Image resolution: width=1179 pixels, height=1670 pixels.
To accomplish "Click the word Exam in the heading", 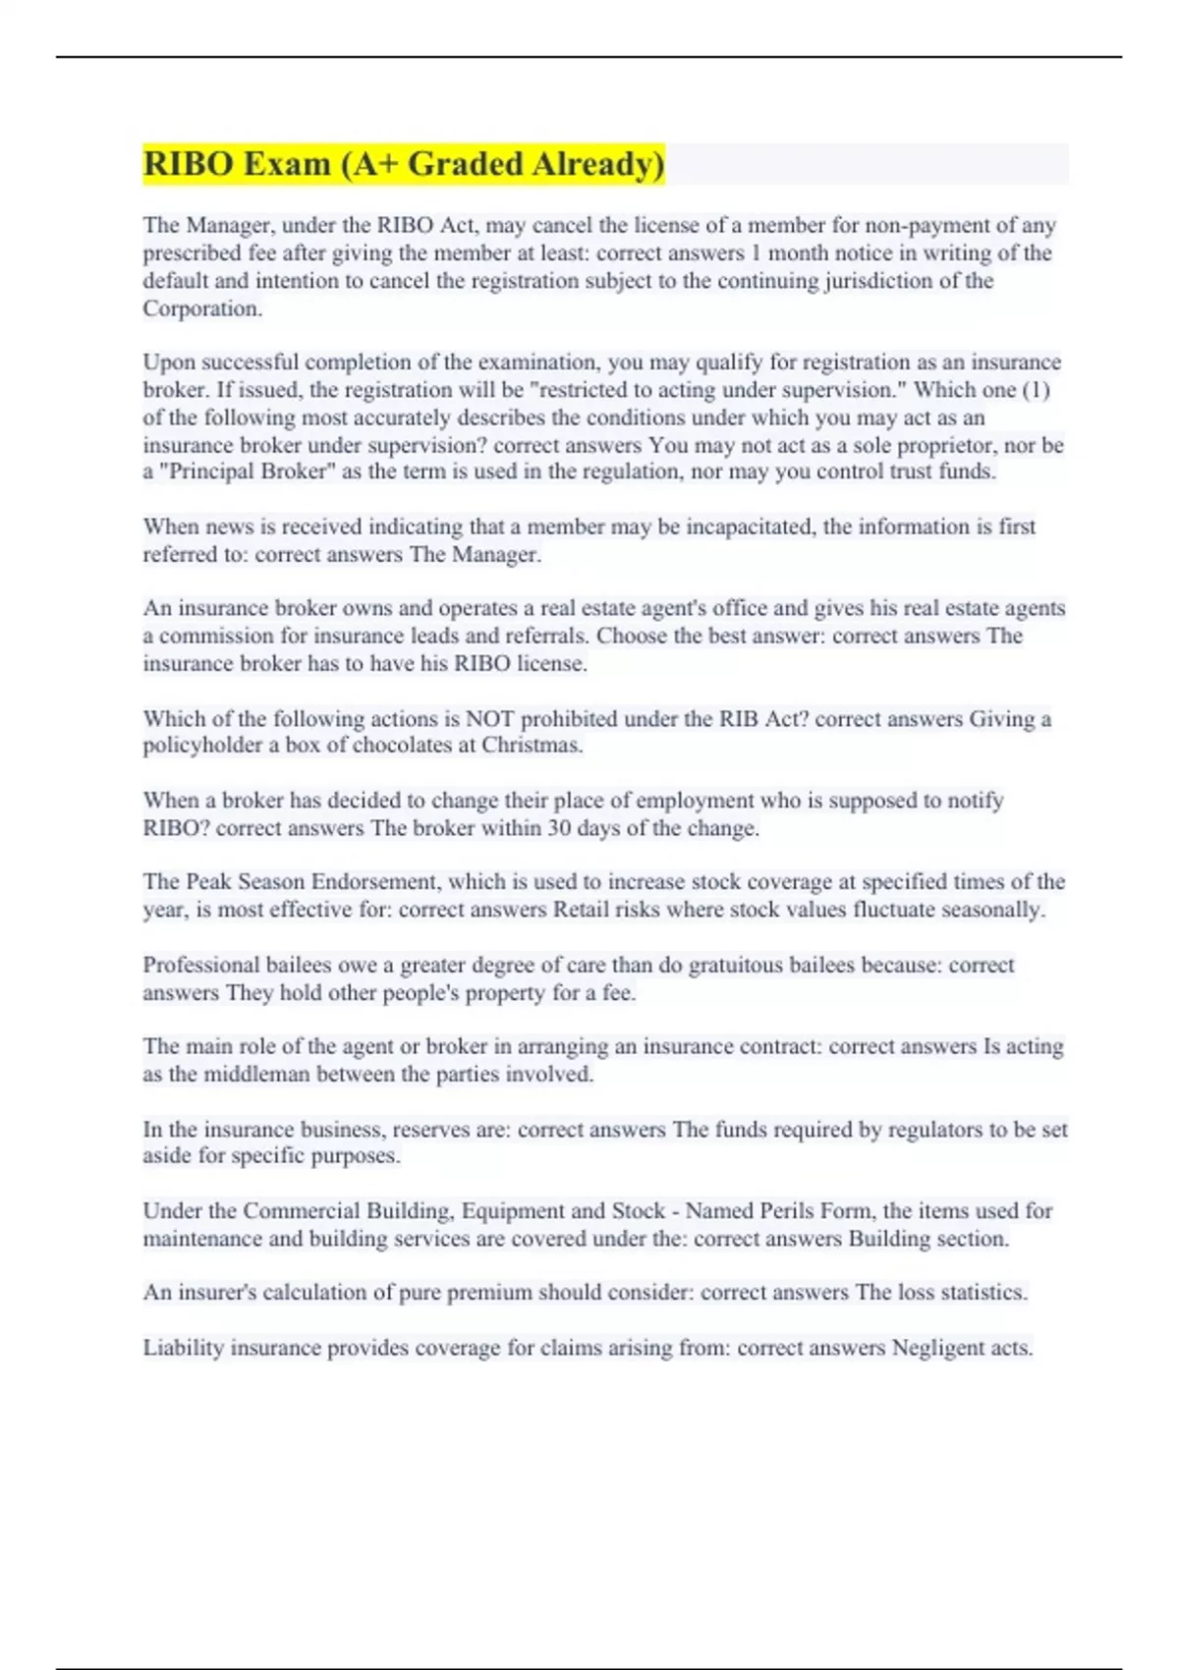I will coord(286,164).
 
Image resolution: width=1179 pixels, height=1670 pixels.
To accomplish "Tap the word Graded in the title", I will coord(465,164).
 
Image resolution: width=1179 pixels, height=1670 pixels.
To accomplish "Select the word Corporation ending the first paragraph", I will coord(201,308).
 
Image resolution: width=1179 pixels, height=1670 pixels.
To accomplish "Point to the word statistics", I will coord(982,1293).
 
